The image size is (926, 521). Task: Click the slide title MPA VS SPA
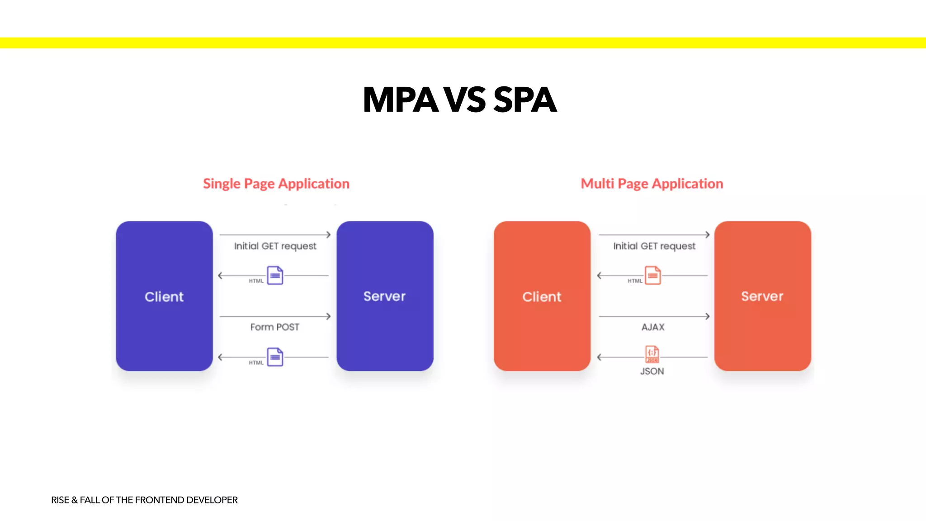(x=459, y=99)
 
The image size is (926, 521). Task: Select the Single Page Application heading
(x=276, y=184)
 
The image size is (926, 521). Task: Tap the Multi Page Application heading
(x=652, y=184)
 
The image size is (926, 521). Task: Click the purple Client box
(x=164, y=296)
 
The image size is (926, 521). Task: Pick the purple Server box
(x=385, y=296)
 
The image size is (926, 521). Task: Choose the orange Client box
(x=542, y=296)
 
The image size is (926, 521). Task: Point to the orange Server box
(x=762, y=296)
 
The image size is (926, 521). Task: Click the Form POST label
(x=274, y=327)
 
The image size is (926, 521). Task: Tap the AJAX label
(x=653, y=327)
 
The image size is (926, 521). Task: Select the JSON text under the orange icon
(x=652, y=371)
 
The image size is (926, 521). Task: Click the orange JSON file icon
(x=652, y=354)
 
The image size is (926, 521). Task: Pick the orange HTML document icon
(x=652, y=275)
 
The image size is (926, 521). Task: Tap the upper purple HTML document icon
(x=275, y=275)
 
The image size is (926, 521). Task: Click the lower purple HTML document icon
(x=275, y=357)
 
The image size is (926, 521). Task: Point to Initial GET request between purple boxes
(x=275, y=246)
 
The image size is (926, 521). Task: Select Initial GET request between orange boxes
(x=654, y=246)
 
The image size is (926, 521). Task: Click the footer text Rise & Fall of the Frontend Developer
(x=144, y=500)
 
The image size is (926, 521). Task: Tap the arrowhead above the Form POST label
(x=329, y=316)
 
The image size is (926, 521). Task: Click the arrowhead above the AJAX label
(x=708, y=316)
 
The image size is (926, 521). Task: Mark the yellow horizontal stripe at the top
(x=463, y=43)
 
